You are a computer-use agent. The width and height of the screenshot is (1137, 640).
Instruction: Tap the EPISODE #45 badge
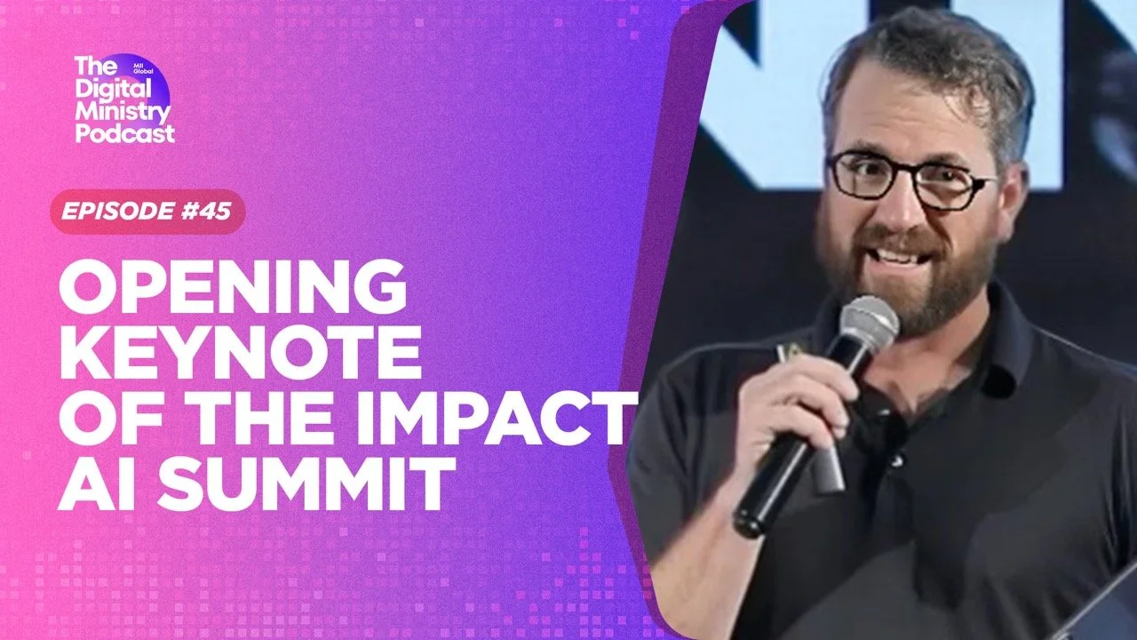[x=147, y=212]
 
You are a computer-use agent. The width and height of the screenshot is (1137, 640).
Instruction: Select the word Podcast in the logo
[x=124, y=133]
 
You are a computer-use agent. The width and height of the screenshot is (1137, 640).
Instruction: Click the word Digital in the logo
[x=115, y=88]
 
